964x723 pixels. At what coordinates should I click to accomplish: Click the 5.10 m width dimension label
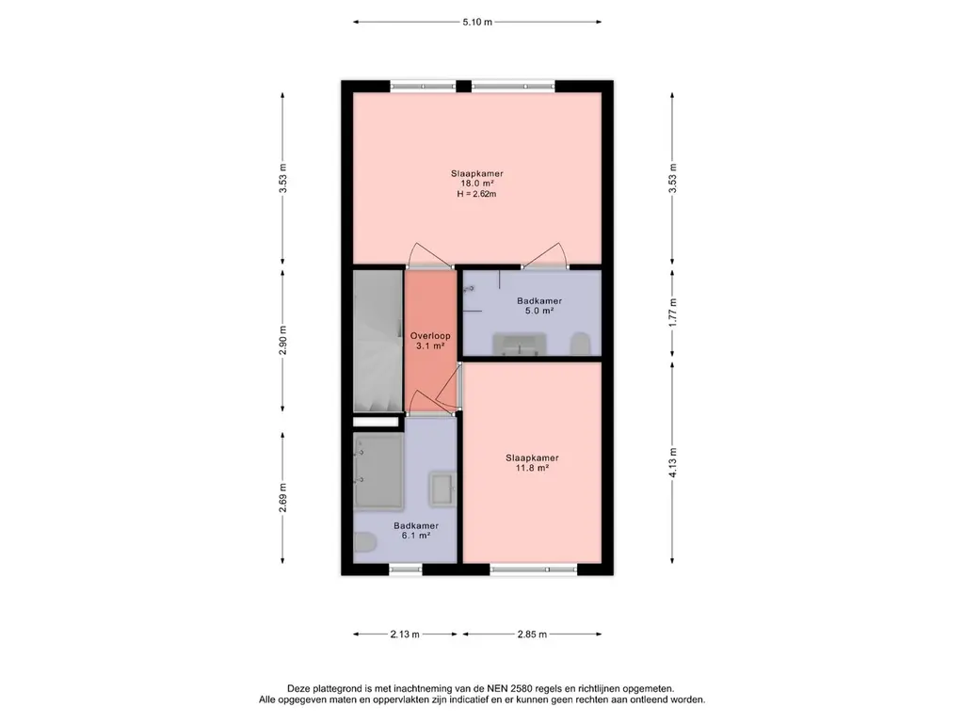(477, 23)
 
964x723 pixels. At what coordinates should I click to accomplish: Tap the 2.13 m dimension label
(405, 634)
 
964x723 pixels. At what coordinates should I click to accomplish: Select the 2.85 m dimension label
(532, 634)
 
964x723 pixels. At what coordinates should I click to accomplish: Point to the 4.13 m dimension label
(672, 462)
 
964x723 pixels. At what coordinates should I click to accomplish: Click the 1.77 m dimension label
(672, 313)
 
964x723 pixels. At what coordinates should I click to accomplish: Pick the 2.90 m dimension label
(282, 340)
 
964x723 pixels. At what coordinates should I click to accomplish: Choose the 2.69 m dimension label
(282, 497)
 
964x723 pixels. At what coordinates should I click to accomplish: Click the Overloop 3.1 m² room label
(430, 341)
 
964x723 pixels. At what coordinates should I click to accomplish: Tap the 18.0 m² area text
(477, 184)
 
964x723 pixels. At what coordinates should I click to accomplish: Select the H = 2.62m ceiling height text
(476, 194)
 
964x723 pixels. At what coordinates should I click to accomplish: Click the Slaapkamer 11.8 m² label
(533, 462)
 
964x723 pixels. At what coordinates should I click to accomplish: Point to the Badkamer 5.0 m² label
(539, 306)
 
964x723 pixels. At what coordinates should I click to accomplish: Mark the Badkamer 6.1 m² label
(416, 531)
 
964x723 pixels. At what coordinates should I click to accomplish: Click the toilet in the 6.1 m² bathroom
(366, 542)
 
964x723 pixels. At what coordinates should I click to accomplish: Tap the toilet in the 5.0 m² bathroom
(580, 344)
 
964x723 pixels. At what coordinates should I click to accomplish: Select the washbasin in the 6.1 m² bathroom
(442, 490)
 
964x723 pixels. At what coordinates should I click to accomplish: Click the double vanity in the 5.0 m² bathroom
(520, 343)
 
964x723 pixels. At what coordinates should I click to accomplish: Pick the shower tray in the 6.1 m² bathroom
(378, 471)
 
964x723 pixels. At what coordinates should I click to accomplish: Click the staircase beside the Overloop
(378, 341)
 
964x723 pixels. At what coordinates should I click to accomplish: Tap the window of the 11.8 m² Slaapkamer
(533, 570)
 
